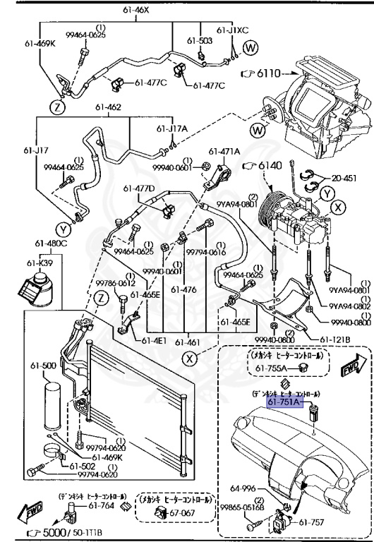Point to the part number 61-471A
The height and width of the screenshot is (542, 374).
(224, 151)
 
